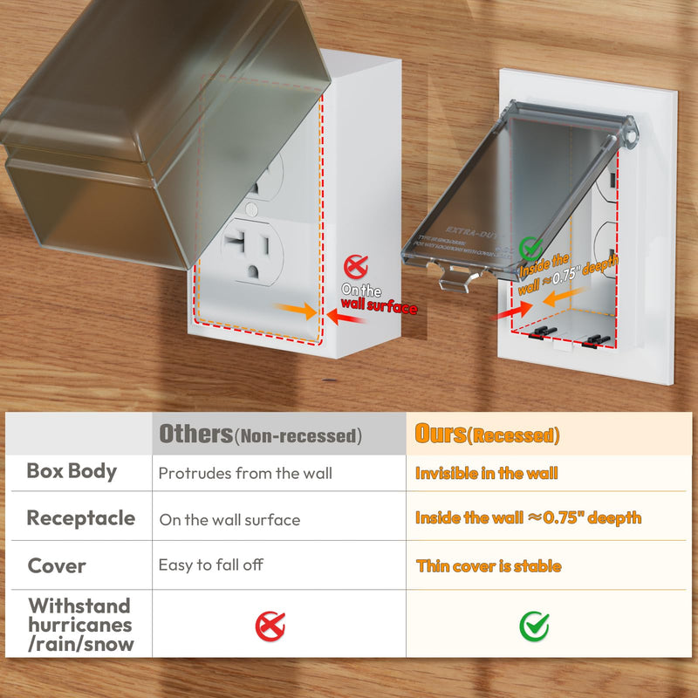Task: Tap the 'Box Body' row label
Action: click(x=72, y=471)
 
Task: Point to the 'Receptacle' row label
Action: click(x=81, y=518)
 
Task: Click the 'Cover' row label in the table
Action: click(x=57, y=565)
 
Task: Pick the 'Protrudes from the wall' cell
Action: click(x=245, y=474)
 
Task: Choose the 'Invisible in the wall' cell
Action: click(x=487, y=474)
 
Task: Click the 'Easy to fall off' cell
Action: click(x=210, y=565)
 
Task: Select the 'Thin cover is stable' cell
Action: click(x=489, y=566)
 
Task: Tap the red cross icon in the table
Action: click(x=270, y=625)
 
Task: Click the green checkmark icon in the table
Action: click(x=534, y=625)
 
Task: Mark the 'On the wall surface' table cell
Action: click(x=229, y=520)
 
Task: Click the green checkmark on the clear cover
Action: click(x=530, y=248)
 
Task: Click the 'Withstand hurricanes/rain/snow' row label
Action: click(x=80, y=625)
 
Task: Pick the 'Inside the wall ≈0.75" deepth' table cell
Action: click(x=528, y=518)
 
